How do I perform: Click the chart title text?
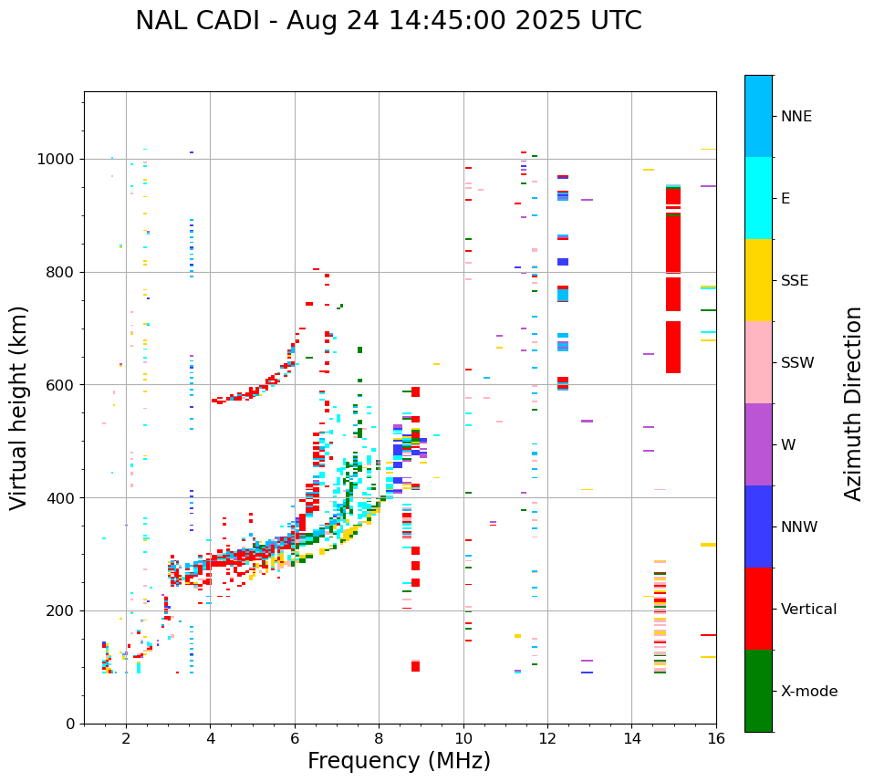click(388, 21)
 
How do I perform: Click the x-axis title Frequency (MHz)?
click(399, 761)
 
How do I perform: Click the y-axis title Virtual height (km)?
click(19, 408)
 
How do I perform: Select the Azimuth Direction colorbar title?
click(853, 403)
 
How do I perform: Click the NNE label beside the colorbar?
click(796, 117)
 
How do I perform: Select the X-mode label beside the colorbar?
click(808, 692)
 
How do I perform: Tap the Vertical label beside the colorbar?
click(808, 610)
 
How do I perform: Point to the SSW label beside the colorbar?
click(797, 363)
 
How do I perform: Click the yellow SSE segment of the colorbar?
click(758, 280)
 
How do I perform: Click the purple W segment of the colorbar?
click(758, 444)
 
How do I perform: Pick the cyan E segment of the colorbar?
click(758, 198)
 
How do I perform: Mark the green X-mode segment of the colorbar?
click(758, 691)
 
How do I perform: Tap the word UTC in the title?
click(617, 21)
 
